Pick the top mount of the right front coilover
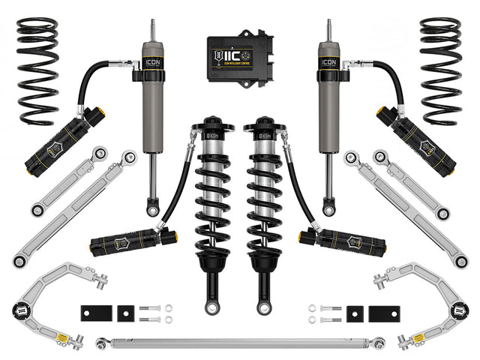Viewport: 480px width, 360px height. coord(265,124)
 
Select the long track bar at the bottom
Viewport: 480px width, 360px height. coord(240,343)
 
